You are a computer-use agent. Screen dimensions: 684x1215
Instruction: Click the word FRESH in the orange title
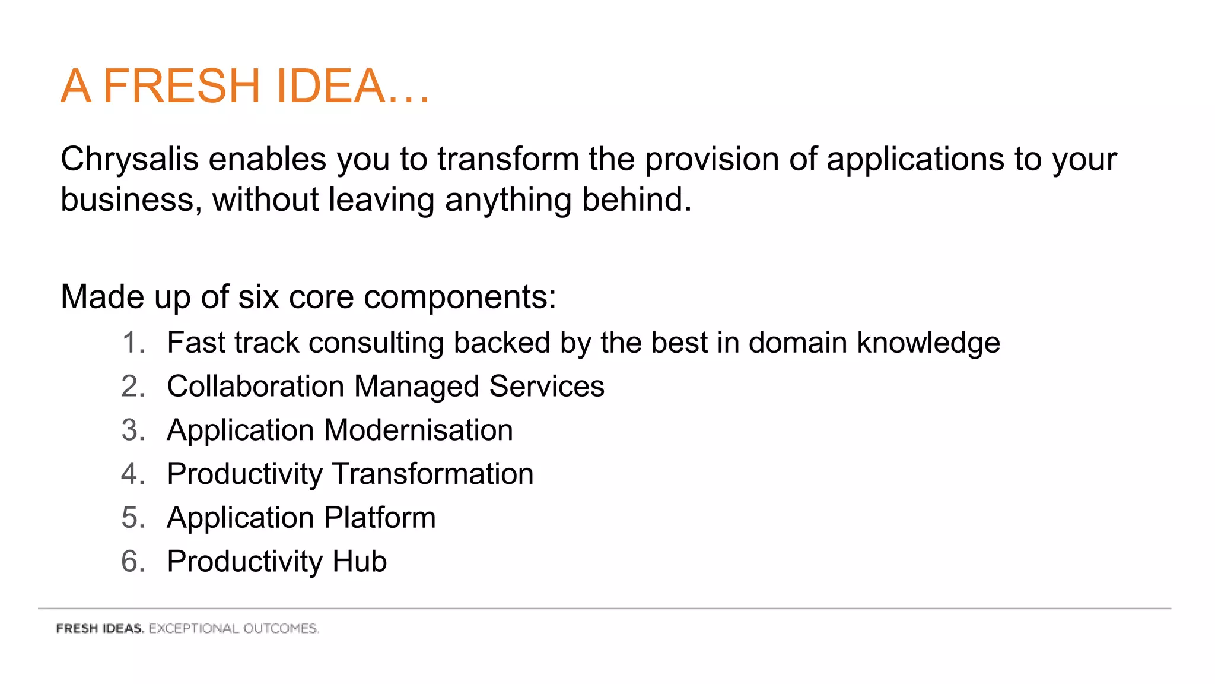click(x=182, y=86)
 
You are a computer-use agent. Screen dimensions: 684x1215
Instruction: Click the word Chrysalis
click(x=129, y=159)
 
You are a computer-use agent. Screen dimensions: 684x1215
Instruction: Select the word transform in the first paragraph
click(x=508, y=159)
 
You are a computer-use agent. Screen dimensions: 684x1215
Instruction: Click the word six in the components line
click(x=258, y=296)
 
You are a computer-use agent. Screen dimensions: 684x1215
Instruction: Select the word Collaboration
click(x=255, y=387)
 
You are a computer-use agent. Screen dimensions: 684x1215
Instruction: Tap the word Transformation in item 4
click(x=432, y=474)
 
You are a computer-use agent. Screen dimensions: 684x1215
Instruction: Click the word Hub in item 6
click(x=360, y=562)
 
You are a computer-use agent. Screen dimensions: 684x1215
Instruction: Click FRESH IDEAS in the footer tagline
click(x=100, y=628)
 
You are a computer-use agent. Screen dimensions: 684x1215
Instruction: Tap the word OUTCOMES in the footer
click(x=281, y=628)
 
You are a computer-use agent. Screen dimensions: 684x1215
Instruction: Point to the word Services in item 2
click(x=546, y=387)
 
